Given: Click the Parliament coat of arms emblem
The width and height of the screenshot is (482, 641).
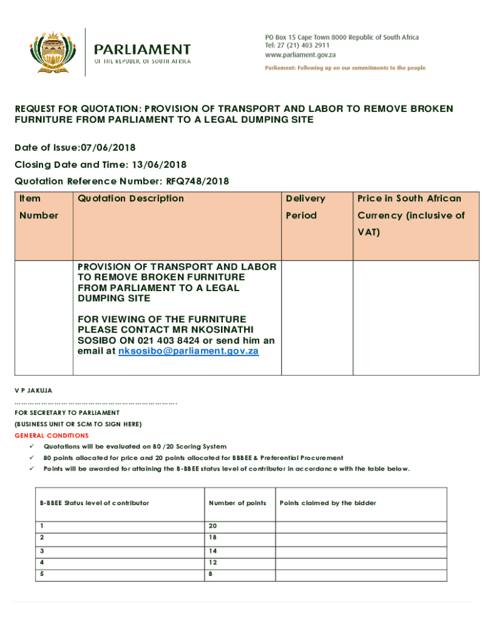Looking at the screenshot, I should pos(56,54).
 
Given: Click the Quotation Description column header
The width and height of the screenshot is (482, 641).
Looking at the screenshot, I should pos(131,198).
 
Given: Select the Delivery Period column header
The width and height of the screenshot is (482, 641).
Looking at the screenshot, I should pos(305,207).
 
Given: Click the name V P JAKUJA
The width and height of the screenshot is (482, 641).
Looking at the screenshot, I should pos(33,390).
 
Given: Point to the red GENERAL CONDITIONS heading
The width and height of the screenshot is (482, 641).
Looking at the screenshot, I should pos(51,435).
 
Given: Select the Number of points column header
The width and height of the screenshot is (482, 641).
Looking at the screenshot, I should pos(237,503).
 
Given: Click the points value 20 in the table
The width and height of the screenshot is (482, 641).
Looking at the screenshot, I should pos(213,526).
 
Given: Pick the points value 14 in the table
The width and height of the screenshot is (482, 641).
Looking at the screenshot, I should pos(213,551).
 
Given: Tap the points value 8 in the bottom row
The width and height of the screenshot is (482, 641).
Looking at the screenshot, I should pos(211,573).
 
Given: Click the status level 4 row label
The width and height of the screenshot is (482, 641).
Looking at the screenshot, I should pos(42,562).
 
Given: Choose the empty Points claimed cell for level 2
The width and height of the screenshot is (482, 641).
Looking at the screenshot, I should pos(361,538).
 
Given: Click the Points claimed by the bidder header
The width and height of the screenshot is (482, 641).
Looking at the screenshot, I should pos(328,503).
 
